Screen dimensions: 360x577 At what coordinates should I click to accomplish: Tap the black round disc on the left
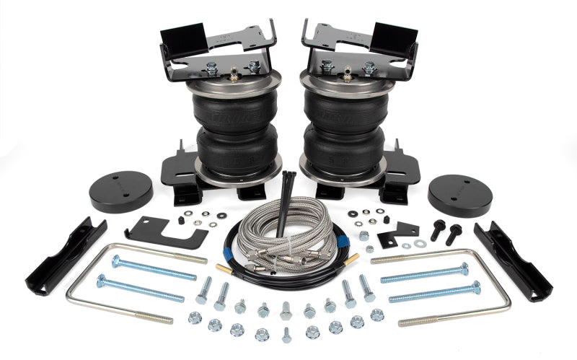[x=121, y=191]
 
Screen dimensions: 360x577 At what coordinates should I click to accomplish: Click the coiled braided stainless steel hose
[x=288, y=238]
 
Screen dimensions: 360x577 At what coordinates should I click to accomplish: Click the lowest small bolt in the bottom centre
[x=287, y=335]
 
